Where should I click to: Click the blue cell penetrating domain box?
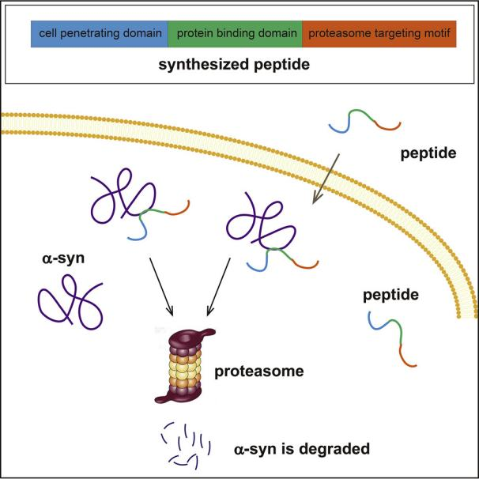[x=99, y=34]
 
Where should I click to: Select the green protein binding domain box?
[x=235, y=34]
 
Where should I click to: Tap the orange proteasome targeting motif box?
[x=379, y=34]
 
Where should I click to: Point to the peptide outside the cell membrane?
[x=364, y=123]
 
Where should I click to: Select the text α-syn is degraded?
[x=302, y=448]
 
